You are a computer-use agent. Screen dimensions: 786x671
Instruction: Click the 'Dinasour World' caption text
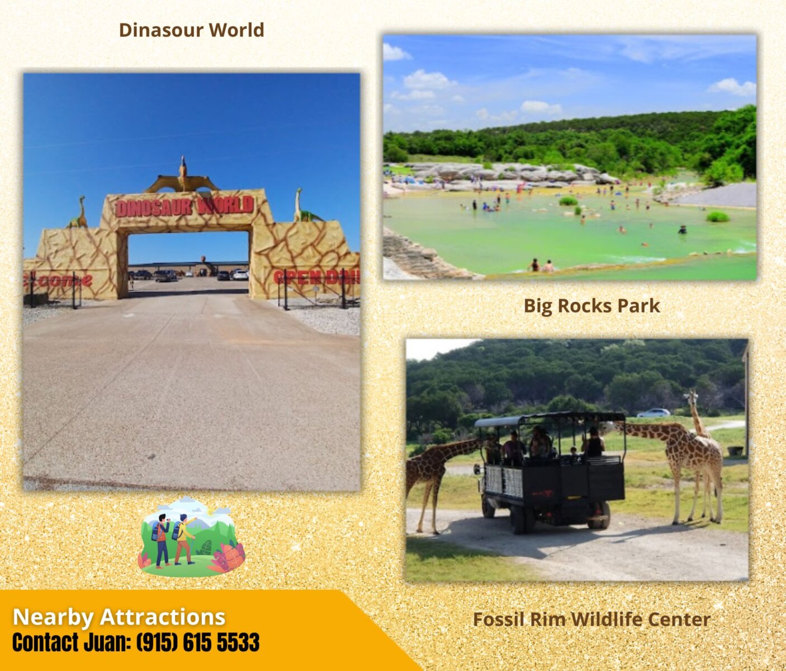[x=191, y=30]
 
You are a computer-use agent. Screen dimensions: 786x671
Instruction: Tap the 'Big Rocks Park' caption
[x=591, y=306]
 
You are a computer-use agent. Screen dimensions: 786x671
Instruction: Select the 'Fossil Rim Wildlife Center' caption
[x=591, y=620]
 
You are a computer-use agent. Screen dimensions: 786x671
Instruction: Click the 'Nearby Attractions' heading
[x=119, y=617]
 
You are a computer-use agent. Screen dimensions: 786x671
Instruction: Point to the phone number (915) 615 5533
[x=198, y=642]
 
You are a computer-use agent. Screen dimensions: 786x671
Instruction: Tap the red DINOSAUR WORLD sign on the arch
[x=184, y=206]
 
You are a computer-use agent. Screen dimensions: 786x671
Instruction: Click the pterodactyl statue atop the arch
[x=183, y=177]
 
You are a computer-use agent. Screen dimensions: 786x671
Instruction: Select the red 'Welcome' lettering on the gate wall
[x=57, y=281]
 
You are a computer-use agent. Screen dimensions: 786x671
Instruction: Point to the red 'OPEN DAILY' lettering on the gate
[x=316, y=277]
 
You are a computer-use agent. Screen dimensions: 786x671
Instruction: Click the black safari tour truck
[x=550, y=472]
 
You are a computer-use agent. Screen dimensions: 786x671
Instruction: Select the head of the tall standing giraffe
[x=691, y=399]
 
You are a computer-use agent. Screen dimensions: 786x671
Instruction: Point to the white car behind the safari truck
[x=654, y=413]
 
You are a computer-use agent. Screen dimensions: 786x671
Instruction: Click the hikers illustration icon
[x=191, y=536]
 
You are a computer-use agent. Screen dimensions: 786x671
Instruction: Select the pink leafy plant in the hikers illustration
[x=228, y=558]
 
